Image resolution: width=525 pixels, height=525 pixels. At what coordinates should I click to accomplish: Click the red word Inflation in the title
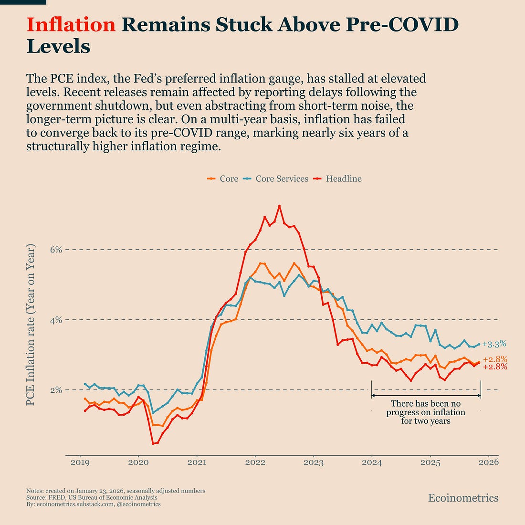(x=71, y=25)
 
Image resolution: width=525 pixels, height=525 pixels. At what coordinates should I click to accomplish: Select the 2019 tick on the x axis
(x=79, y=462)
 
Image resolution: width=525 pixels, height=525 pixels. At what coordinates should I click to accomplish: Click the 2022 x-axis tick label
(x=255, y=462)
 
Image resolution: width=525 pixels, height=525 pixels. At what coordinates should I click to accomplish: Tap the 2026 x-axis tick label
(x=489, y=462)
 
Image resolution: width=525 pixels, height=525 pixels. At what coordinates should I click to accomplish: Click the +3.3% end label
(x=494, y=344)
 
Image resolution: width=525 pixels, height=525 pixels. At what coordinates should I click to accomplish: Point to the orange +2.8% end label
(x=495, y=359)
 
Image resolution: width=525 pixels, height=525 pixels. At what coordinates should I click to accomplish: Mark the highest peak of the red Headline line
(x=279, y=206)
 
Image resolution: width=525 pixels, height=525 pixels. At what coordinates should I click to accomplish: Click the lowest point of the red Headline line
(x=153, y=443)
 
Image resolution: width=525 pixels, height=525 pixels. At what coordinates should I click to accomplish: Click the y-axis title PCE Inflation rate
(x=31, y=325)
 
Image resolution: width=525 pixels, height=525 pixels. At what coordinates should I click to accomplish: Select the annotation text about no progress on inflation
(x=426, y=412)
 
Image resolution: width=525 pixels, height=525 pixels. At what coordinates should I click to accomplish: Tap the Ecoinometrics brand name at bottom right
(x=463, y=498)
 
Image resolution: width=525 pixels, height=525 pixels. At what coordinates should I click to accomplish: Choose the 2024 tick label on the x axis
(x=372, y=462)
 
